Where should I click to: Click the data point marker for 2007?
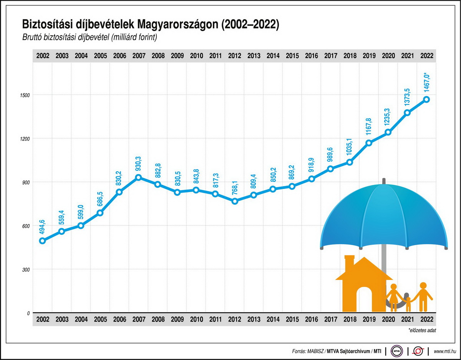[x=138, y=178]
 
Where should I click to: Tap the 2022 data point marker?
[x=426, y=100]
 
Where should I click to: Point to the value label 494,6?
[x=42, y=227]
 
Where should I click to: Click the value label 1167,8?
[x=369, y=128]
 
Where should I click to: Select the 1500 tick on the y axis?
[x=25, y=95]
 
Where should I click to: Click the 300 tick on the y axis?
[x=26, y=269]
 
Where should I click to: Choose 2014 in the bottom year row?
[x=273, y=319]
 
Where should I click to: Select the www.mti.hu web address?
[x=445, y=351]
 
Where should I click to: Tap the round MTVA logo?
[x=396, y=351]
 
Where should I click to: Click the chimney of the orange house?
[x=350, y=262]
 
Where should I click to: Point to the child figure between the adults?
[x=408, y=304]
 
